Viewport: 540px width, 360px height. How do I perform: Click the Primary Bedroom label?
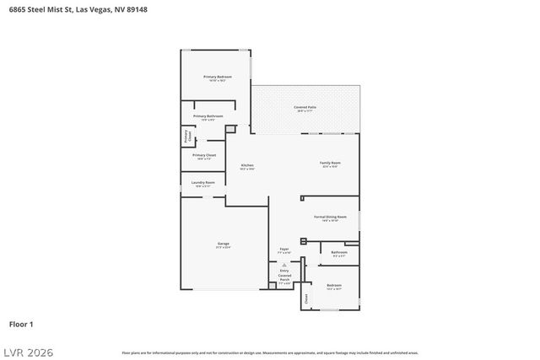coord(217,77)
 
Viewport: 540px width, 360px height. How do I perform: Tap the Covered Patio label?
coord(305,107)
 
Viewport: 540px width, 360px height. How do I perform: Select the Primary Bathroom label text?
coord(208,116)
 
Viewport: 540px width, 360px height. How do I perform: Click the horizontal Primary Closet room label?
coord(204,155)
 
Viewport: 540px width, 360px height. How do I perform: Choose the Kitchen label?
coord(247,165)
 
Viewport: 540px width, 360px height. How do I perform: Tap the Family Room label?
coord(330,162)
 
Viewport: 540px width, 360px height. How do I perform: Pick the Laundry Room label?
coord(203,182)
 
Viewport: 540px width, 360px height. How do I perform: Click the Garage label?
coord(223,244)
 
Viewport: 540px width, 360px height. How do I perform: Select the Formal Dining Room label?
coord(330,218)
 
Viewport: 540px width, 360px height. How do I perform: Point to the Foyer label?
coord(284,250)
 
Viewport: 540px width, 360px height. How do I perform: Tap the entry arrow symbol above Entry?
coord(284,265)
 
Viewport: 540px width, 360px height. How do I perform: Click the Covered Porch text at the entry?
coord(284,277)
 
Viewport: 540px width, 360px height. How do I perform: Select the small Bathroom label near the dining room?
coord(339,252)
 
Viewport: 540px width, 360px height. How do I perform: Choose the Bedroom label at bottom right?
coord(334,286)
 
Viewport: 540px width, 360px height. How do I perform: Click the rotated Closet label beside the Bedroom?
coord(306,298)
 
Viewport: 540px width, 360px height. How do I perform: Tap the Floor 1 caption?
coord(21,324)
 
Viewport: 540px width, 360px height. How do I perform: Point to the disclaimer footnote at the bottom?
coord(270,352)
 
